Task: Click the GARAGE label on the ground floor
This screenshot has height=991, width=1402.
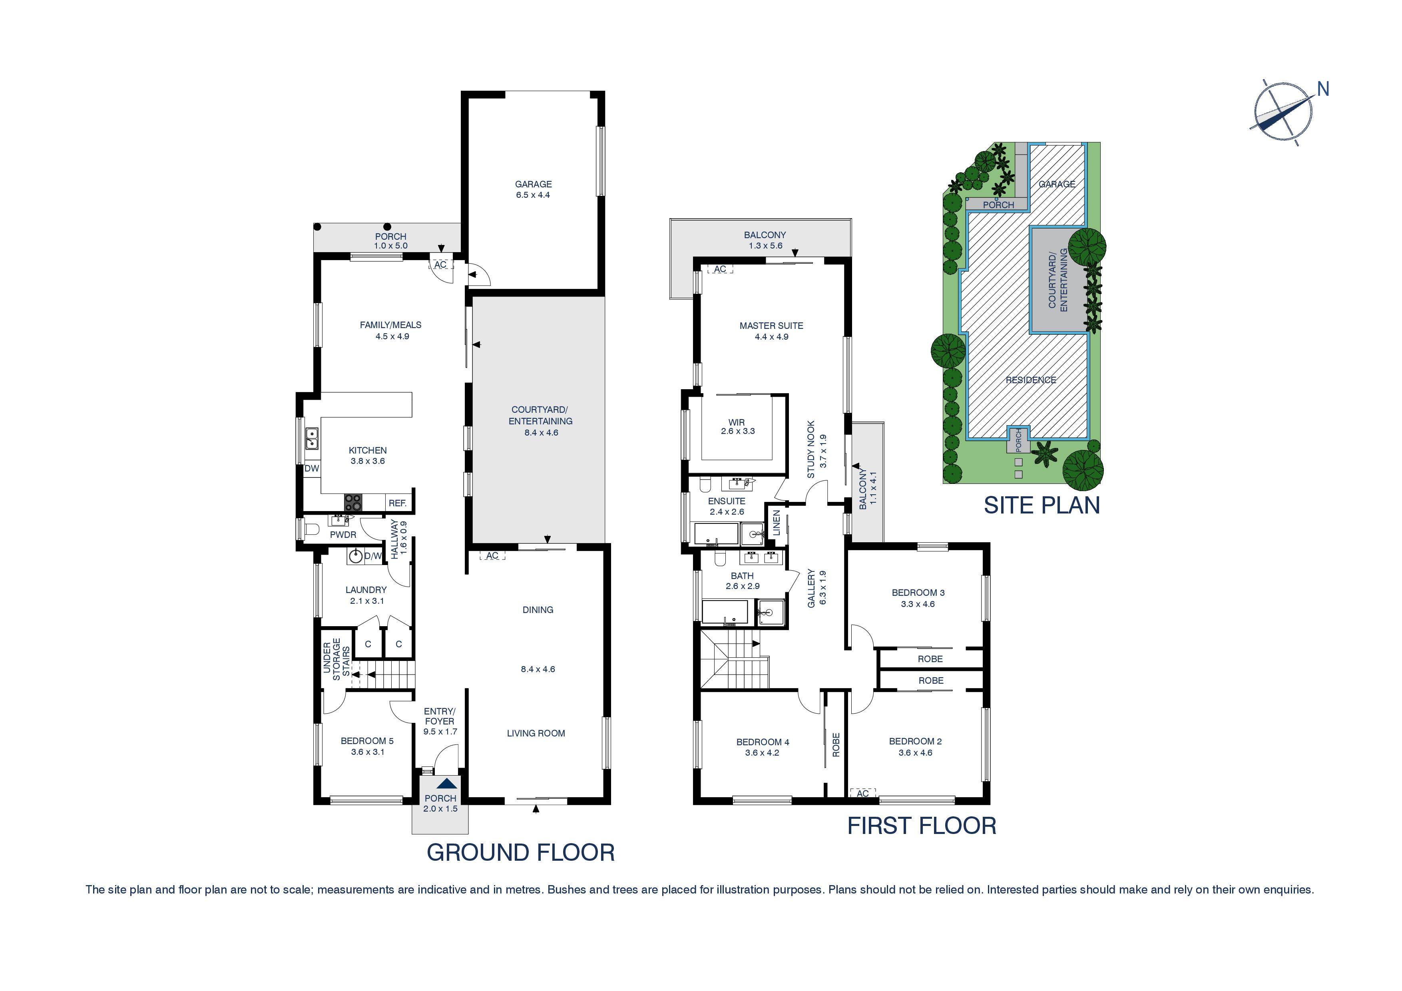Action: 533,184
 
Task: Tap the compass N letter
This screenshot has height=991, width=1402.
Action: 1322,89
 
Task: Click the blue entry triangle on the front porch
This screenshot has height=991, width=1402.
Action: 446,783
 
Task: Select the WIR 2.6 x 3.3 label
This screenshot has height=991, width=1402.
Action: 737,426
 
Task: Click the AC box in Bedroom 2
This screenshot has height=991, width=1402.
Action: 862,793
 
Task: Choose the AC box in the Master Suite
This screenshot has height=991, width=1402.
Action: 720,269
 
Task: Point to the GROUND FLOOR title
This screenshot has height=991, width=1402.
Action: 520,852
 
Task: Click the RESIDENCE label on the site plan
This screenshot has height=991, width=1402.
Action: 1030,380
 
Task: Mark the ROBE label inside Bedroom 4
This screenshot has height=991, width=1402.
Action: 835,744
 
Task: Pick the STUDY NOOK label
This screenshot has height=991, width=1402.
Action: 811,449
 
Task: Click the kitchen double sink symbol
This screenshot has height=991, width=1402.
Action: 312,438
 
